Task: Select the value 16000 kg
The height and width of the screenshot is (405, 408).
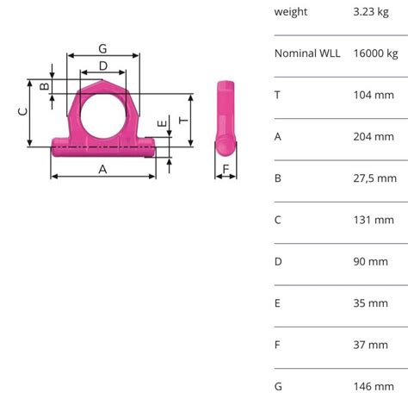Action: click(374, 53)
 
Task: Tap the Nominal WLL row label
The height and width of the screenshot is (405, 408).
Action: click(307, 53)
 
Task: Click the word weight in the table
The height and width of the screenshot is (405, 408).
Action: click(291, 12)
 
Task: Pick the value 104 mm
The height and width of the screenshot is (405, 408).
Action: click(373, 95)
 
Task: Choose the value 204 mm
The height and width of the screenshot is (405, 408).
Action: click(373, 136)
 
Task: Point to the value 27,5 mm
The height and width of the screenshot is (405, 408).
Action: click(374, 178)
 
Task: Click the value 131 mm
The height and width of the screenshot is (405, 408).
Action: click(373, 220)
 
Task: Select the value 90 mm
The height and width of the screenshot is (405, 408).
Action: click(370, 261)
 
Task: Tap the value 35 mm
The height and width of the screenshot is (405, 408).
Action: click(370, 303)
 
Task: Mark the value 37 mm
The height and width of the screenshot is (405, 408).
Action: click(370, 345)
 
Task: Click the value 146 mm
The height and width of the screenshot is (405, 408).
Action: click(373, 386)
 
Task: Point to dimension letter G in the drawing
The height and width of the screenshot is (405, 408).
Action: click(102, 48)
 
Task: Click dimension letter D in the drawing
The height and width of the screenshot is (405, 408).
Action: click(103, 65)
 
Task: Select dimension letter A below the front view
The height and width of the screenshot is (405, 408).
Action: click(102, 170)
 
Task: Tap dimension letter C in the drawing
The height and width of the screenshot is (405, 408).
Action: click(24, 110)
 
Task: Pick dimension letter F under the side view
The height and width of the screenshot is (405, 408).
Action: click(226, 169)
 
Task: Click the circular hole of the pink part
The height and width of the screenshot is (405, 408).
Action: click(103, 110)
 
